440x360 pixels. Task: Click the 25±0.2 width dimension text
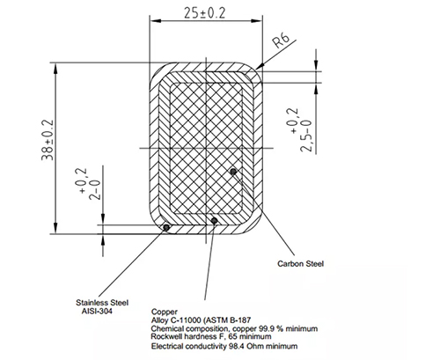[x=205, y=13]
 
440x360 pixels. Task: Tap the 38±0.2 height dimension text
[x=48, y=140]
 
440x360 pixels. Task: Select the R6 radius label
[x=281, y=40]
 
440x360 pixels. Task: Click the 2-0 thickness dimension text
[x=94, y=190]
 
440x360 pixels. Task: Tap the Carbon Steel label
[x=301, y=264]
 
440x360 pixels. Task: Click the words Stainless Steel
[x=102, y=303]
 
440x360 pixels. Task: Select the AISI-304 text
[x=97, y=311]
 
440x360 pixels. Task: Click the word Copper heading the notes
[x=165, y=312]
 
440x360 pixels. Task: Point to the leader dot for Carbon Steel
[x=233, y=172]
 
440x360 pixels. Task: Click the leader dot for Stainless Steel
[x=166, y=227]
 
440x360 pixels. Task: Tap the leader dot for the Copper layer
[x=215, y=220]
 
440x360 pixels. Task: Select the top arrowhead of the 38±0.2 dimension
[x=55, y=69]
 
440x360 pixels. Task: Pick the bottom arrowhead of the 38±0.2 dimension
[x=55, y=228]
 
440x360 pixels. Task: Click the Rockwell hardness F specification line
[x=211, y=336]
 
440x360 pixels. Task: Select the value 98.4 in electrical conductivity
[x=237, y=346]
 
